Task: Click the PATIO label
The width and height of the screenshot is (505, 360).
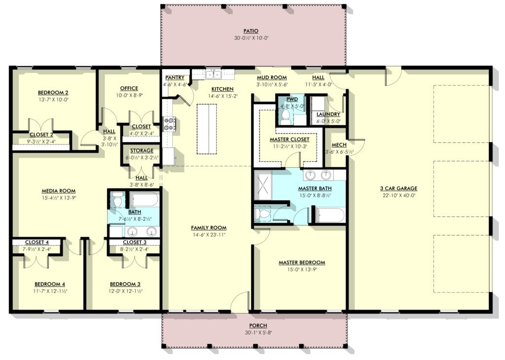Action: (251, 31)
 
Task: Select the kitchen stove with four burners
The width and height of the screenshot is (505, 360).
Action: (170, 124)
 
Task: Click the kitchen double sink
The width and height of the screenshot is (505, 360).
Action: (213, 74)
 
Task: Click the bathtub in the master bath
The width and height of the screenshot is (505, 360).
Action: (330, 216)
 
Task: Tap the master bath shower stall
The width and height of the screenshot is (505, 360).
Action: (263, 185)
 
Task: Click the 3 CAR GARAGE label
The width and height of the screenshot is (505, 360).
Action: (398, 188)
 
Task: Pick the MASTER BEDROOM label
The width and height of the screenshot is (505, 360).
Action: (302, 263)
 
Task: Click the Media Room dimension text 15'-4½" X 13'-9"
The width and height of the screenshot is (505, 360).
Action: (59, 198)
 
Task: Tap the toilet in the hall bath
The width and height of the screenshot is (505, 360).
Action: (117, 199)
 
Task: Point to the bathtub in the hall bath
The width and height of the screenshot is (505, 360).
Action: (144, 200)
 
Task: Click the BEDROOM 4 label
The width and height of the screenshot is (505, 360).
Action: (50, 284)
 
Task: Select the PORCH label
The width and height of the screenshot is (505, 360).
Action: (258, 325)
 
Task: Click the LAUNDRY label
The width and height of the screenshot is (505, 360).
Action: (328, 114)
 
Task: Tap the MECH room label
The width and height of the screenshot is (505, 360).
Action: (339, 145)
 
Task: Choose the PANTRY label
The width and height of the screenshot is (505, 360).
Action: (175, 77)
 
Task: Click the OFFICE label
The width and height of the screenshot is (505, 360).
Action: (129, 88)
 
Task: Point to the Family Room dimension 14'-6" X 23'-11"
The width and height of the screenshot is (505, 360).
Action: (209, 235)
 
